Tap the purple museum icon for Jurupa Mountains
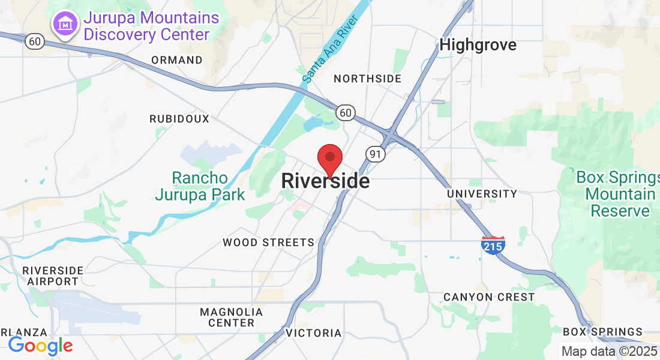tap(64, 25)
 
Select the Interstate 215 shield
tap(493, 245)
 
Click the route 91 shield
tap(376, 154)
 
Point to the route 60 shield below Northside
tap(345, 112)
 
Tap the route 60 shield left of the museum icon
tap(35, 41)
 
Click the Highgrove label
tap(478, 45)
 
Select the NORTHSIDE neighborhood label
tap(367, 79)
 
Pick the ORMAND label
tap(177, 60)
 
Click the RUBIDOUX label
tap(179, 119)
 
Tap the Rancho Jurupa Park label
tap(200, 186)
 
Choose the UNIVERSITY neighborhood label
tap(482, 194)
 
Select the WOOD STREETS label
tap(268, 242)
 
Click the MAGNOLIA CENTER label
tap(231, 317)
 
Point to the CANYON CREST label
tap(488, 297)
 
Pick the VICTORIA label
tap(313, 333)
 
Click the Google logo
tap(40, 346)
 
